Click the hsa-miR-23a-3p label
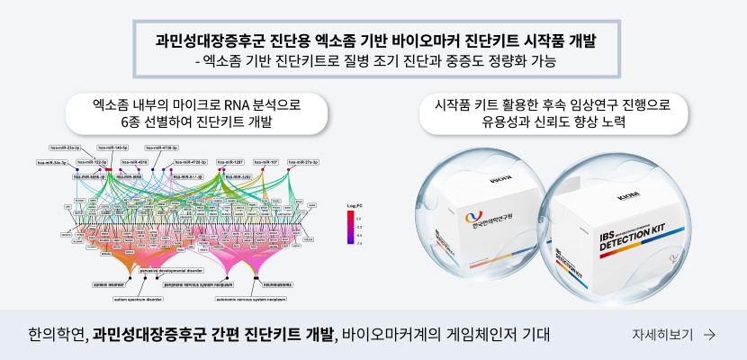(65, 147)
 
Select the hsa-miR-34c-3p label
(53, 163)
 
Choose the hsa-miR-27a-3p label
(303, 163)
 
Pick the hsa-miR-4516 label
(137, 163)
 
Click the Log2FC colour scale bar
(347, 229)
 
